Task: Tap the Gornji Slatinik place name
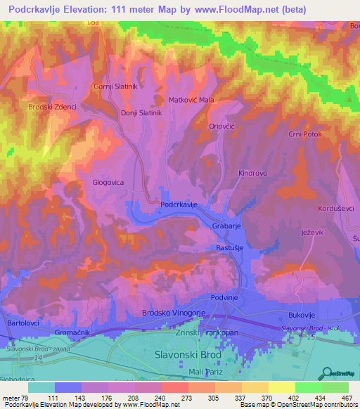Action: (x=115, y=86)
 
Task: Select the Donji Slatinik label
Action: (x=141, y=112)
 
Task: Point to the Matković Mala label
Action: (x=191, y=100)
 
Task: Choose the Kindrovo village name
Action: (x=254, y=172)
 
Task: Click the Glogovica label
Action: (x=108, y=183)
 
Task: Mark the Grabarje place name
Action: (x=227, y=226)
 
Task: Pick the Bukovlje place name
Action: (x=304, y=315)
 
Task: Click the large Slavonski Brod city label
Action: (x=187, y=354)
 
